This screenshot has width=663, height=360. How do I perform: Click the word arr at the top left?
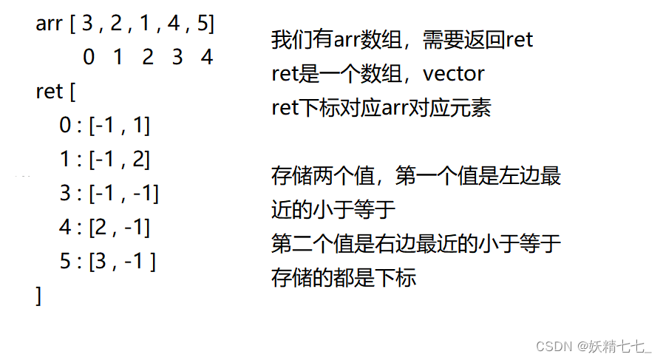click(49, 23)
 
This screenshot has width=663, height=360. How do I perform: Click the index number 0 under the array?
click(89, 57)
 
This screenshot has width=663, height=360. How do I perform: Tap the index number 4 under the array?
click(206, 57)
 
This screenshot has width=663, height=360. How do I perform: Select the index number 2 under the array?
click(148, 57)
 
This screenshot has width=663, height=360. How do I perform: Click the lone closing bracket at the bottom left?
click(38, 296)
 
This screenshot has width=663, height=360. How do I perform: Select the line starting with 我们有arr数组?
click(402, 40)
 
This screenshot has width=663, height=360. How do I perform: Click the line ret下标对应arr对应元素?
click(381, 108)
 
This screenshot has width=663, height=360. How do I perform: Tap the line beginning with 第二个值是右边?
click(417, 244)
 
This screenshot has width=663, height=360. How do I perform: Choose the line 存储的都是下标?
click(344, 278)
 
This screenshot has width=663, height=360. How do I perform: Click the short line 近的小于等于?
click(334, 210)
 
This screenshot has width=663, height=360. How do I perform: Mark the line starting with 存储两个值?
click(417, 176)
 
